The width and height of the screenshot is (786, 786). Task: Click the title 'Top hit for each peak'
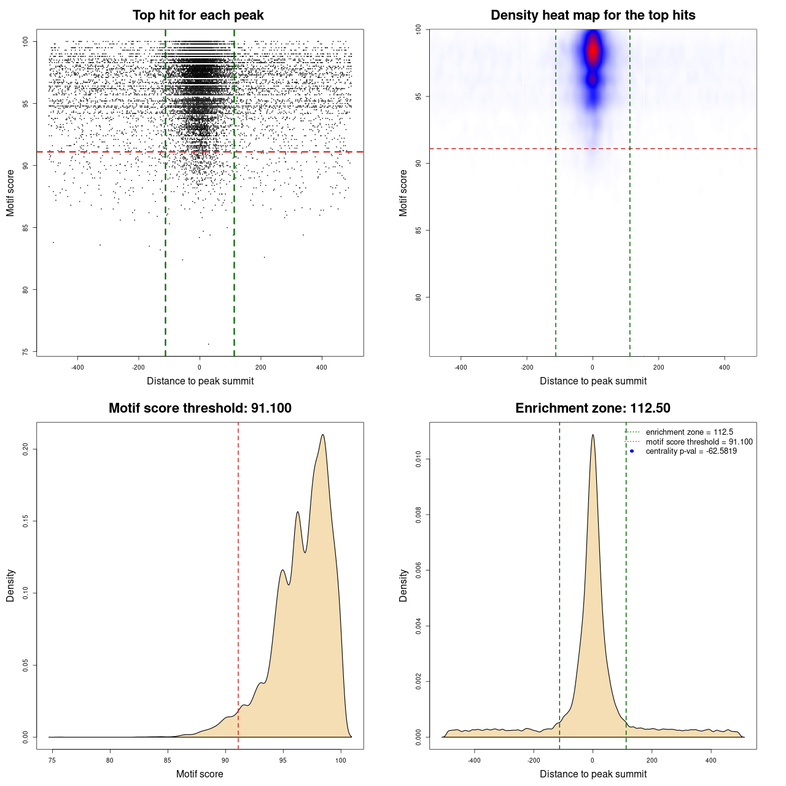pyautogui.click(x=198, y=15)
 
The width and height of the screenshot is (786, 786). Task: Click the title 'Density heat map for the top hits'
pyautogui.click(x=593, y=15)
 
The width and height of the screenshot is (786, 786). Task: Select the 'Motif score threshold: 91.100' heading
pyautogui.click(x=200, y=408)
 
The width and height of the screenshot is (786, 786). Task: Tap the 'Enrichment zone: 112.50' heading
pyautogui.click(x=593, y=408)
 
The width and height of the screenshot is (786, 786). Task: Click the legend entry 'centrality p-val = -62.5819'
pyautogui.click(x=691, y=451)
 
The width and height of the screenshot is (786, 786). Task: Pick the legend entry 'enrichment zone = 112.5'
pyautogui.click(x=689, y=432)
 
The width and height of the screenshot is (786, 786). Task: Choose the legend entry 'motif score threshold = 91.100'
pyautogui.click(x=699, y=442)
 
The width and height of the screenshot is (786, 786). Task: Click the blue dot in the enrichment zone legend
pyautogui.click(x=632, y=451)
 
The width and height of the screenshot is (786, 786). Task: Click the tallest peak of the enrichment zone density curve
pyautogui.click(x=593, y=435)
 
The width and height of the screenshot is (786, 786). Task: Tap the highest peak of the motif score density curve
pyautogui.click(x=322, y=435)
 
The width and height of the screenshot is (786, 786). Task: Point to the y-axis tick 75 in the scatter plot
pyautogui.click(x=25, y=352)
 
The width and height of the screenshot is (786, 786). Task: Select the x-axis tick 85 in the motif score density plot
pyautogui.click(x=167, y=760)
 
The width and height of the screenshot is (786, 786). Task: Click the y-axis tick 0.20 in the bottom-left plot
pyautogui.click(x=25, y=449)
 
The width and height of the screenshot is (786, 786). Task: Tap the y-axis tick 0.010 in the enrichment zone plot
pyautogui.click(x=418, y=459)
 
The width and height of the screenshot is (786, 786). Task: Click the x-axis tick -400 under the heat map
pyautogui.click(x=461, y=367)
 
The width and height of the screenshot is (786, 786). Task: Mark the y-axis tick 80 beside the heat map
pyautogui.click(x=418, y=297)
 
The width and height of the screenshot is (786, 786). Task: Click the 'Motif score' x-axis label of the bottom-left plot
pyautogui.click(x=200, y=774)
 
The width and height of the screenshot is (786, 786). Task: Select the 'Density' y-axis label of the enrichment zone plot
pyautogui.click(x=403, y=585)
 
